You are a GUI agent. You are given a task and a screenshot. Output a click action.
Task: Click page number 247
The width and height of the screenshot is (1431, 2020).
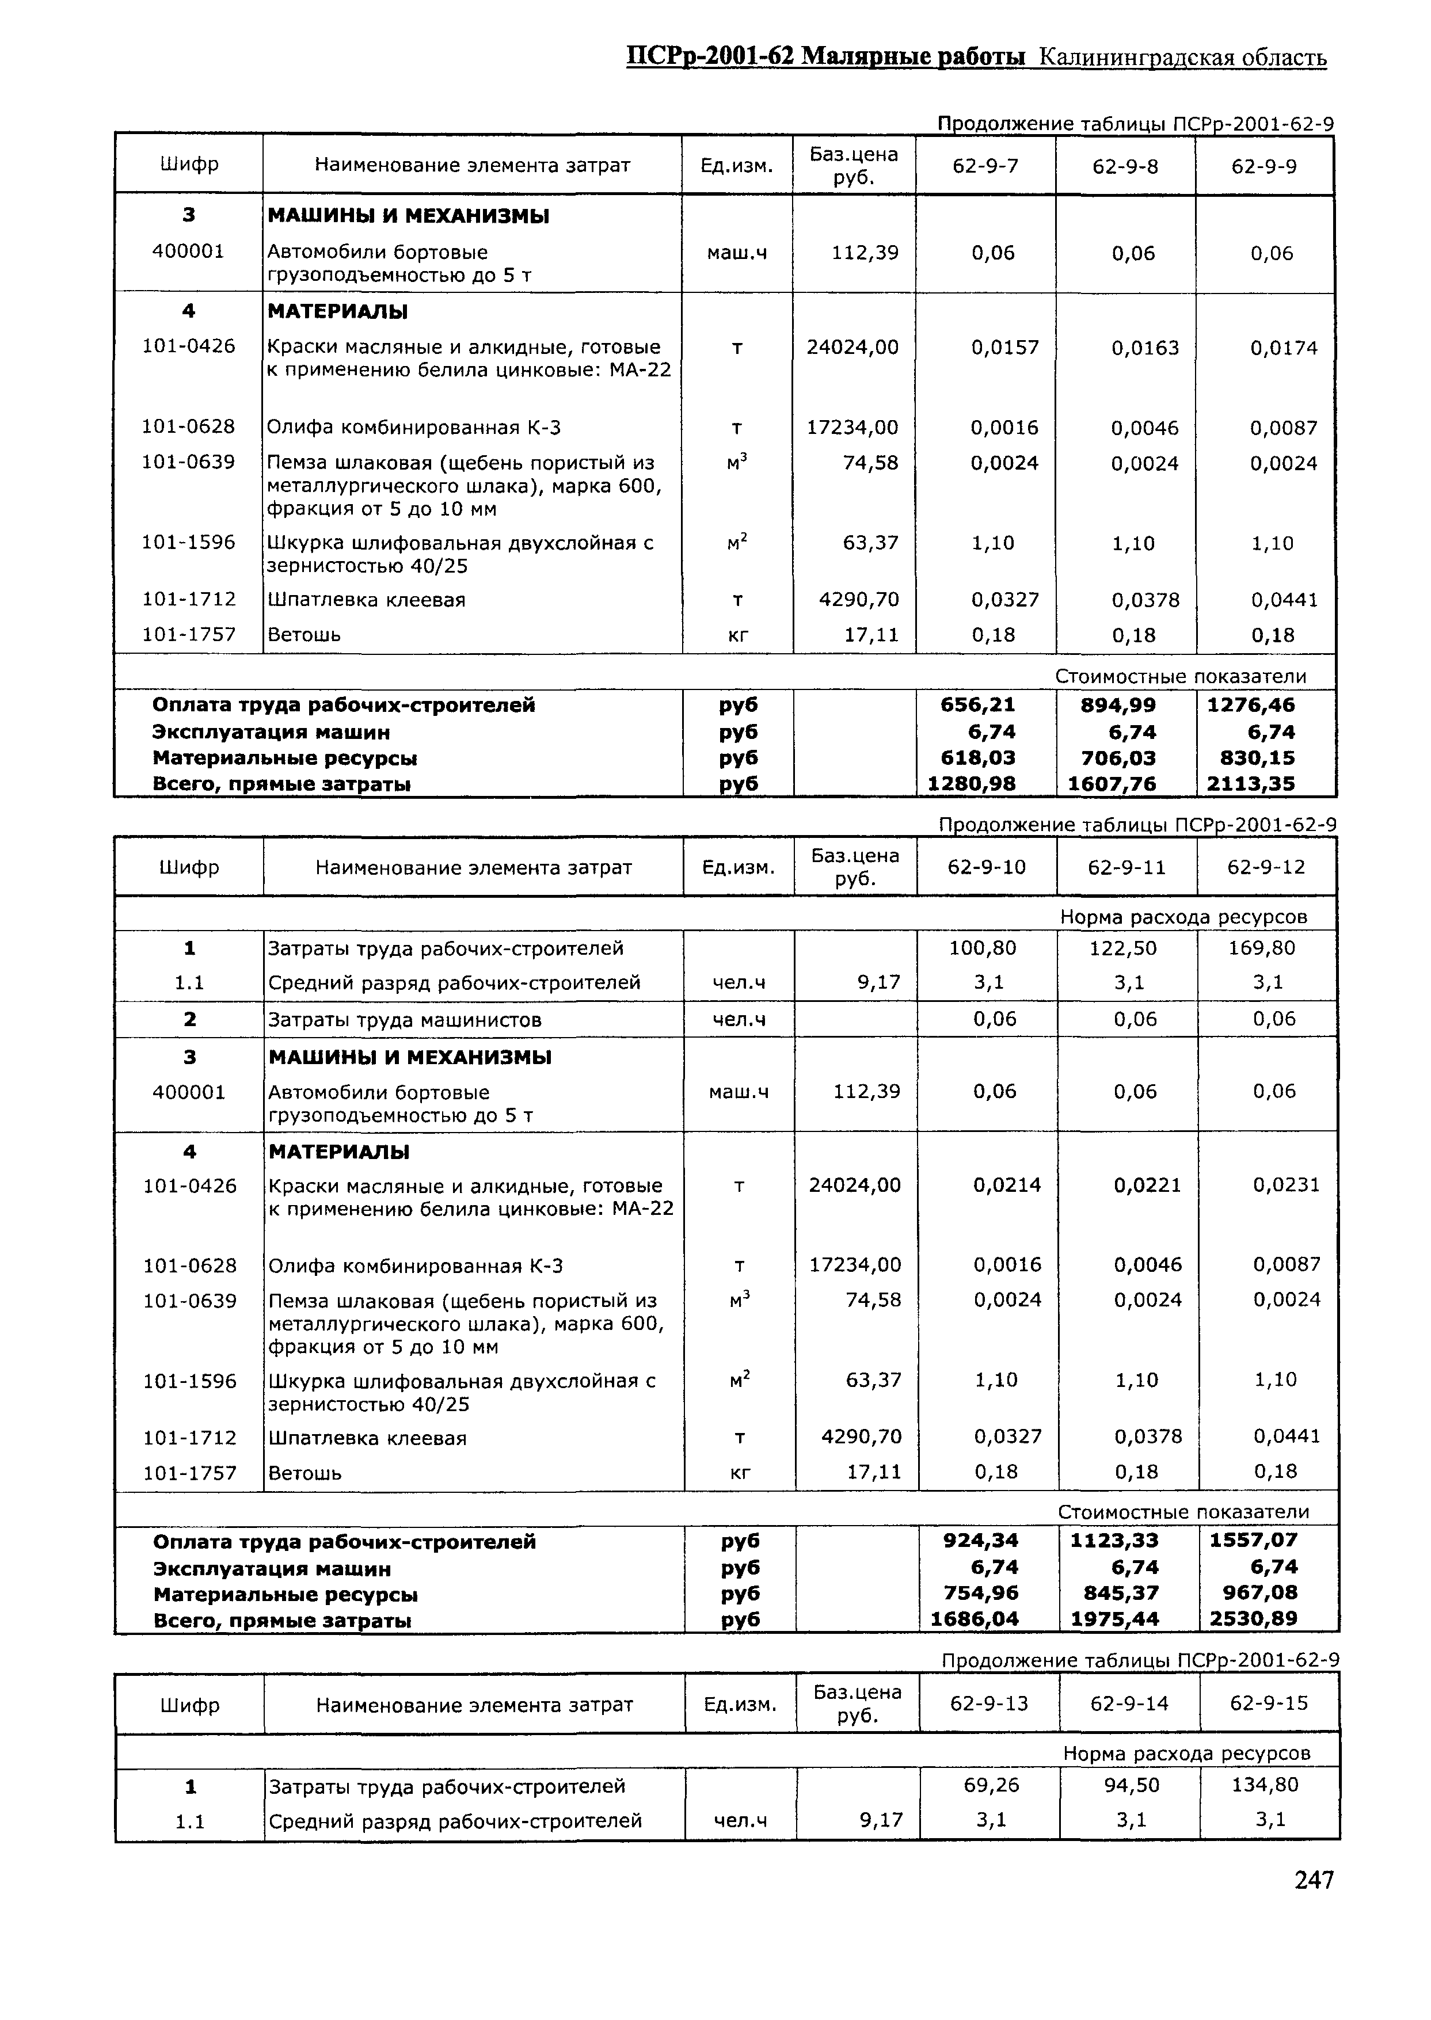click(1314, 1904)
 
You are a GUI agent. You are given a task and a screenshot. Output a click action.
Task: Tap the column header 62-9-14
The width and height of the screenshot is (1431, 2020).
click(1129, 1703)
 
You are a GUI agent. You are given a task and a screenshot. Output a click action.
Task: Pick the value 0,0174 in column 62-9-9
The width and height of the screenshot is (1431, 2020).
click(1284, 348)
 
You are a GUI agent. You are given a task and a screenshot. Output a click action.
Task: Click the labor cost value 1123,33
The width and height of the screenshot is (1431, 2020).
click(1114, 1540)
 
